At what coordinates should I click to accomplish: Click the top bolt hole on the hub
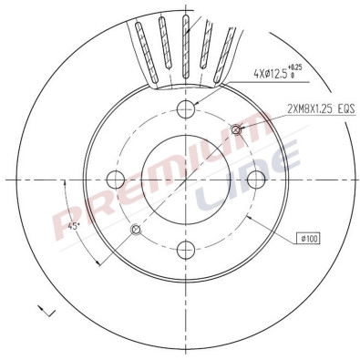[186, 110]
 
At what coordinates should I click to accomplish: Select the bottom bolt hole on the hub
[186, 248]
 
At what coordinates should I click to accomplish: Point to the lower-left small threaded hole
[136, 229]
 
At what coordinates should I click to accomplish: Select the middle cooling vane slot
[188, 43]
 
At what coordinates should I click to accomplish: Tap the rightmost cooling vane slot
[229, 50]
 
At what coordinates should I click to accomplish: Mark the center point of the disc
[186, 179]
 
